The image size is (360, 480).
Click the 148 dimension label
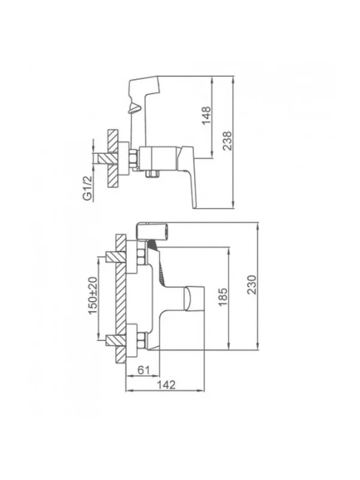coord(207,115)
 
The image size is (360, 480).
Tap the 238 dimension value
coord(228,141)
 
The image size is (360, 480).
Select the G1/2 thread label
coord(88,189)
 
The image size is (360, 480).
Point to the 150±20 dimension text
coord(93,296)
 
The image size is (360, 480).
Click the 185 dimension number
coord(223,297)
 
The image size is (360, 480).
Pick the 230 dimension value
coord(252,285)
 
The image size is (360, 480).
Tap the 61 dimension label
coord(143,370)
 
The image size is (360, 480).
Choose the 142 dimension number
coord(166,385)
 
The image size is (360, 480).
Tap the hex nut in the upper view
coord(134,158)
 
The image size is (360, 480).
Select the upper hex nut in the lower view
coord(141,257)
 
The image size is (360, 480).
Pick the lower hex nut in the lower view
coord(141,340)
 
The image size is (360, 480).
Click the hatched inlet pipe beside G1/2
coord(108,158)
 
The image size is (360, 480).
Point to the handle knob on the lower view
coord(194,298)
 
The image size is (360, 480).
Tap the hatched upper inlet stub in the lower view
coord(116,257)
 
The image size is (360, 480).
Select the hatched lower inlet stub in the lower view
coord(116,340)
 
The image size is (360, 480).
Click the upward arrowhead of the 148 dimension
coord(212,80)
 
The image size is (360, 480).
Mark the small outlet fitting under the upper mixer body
coord(152,174)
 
